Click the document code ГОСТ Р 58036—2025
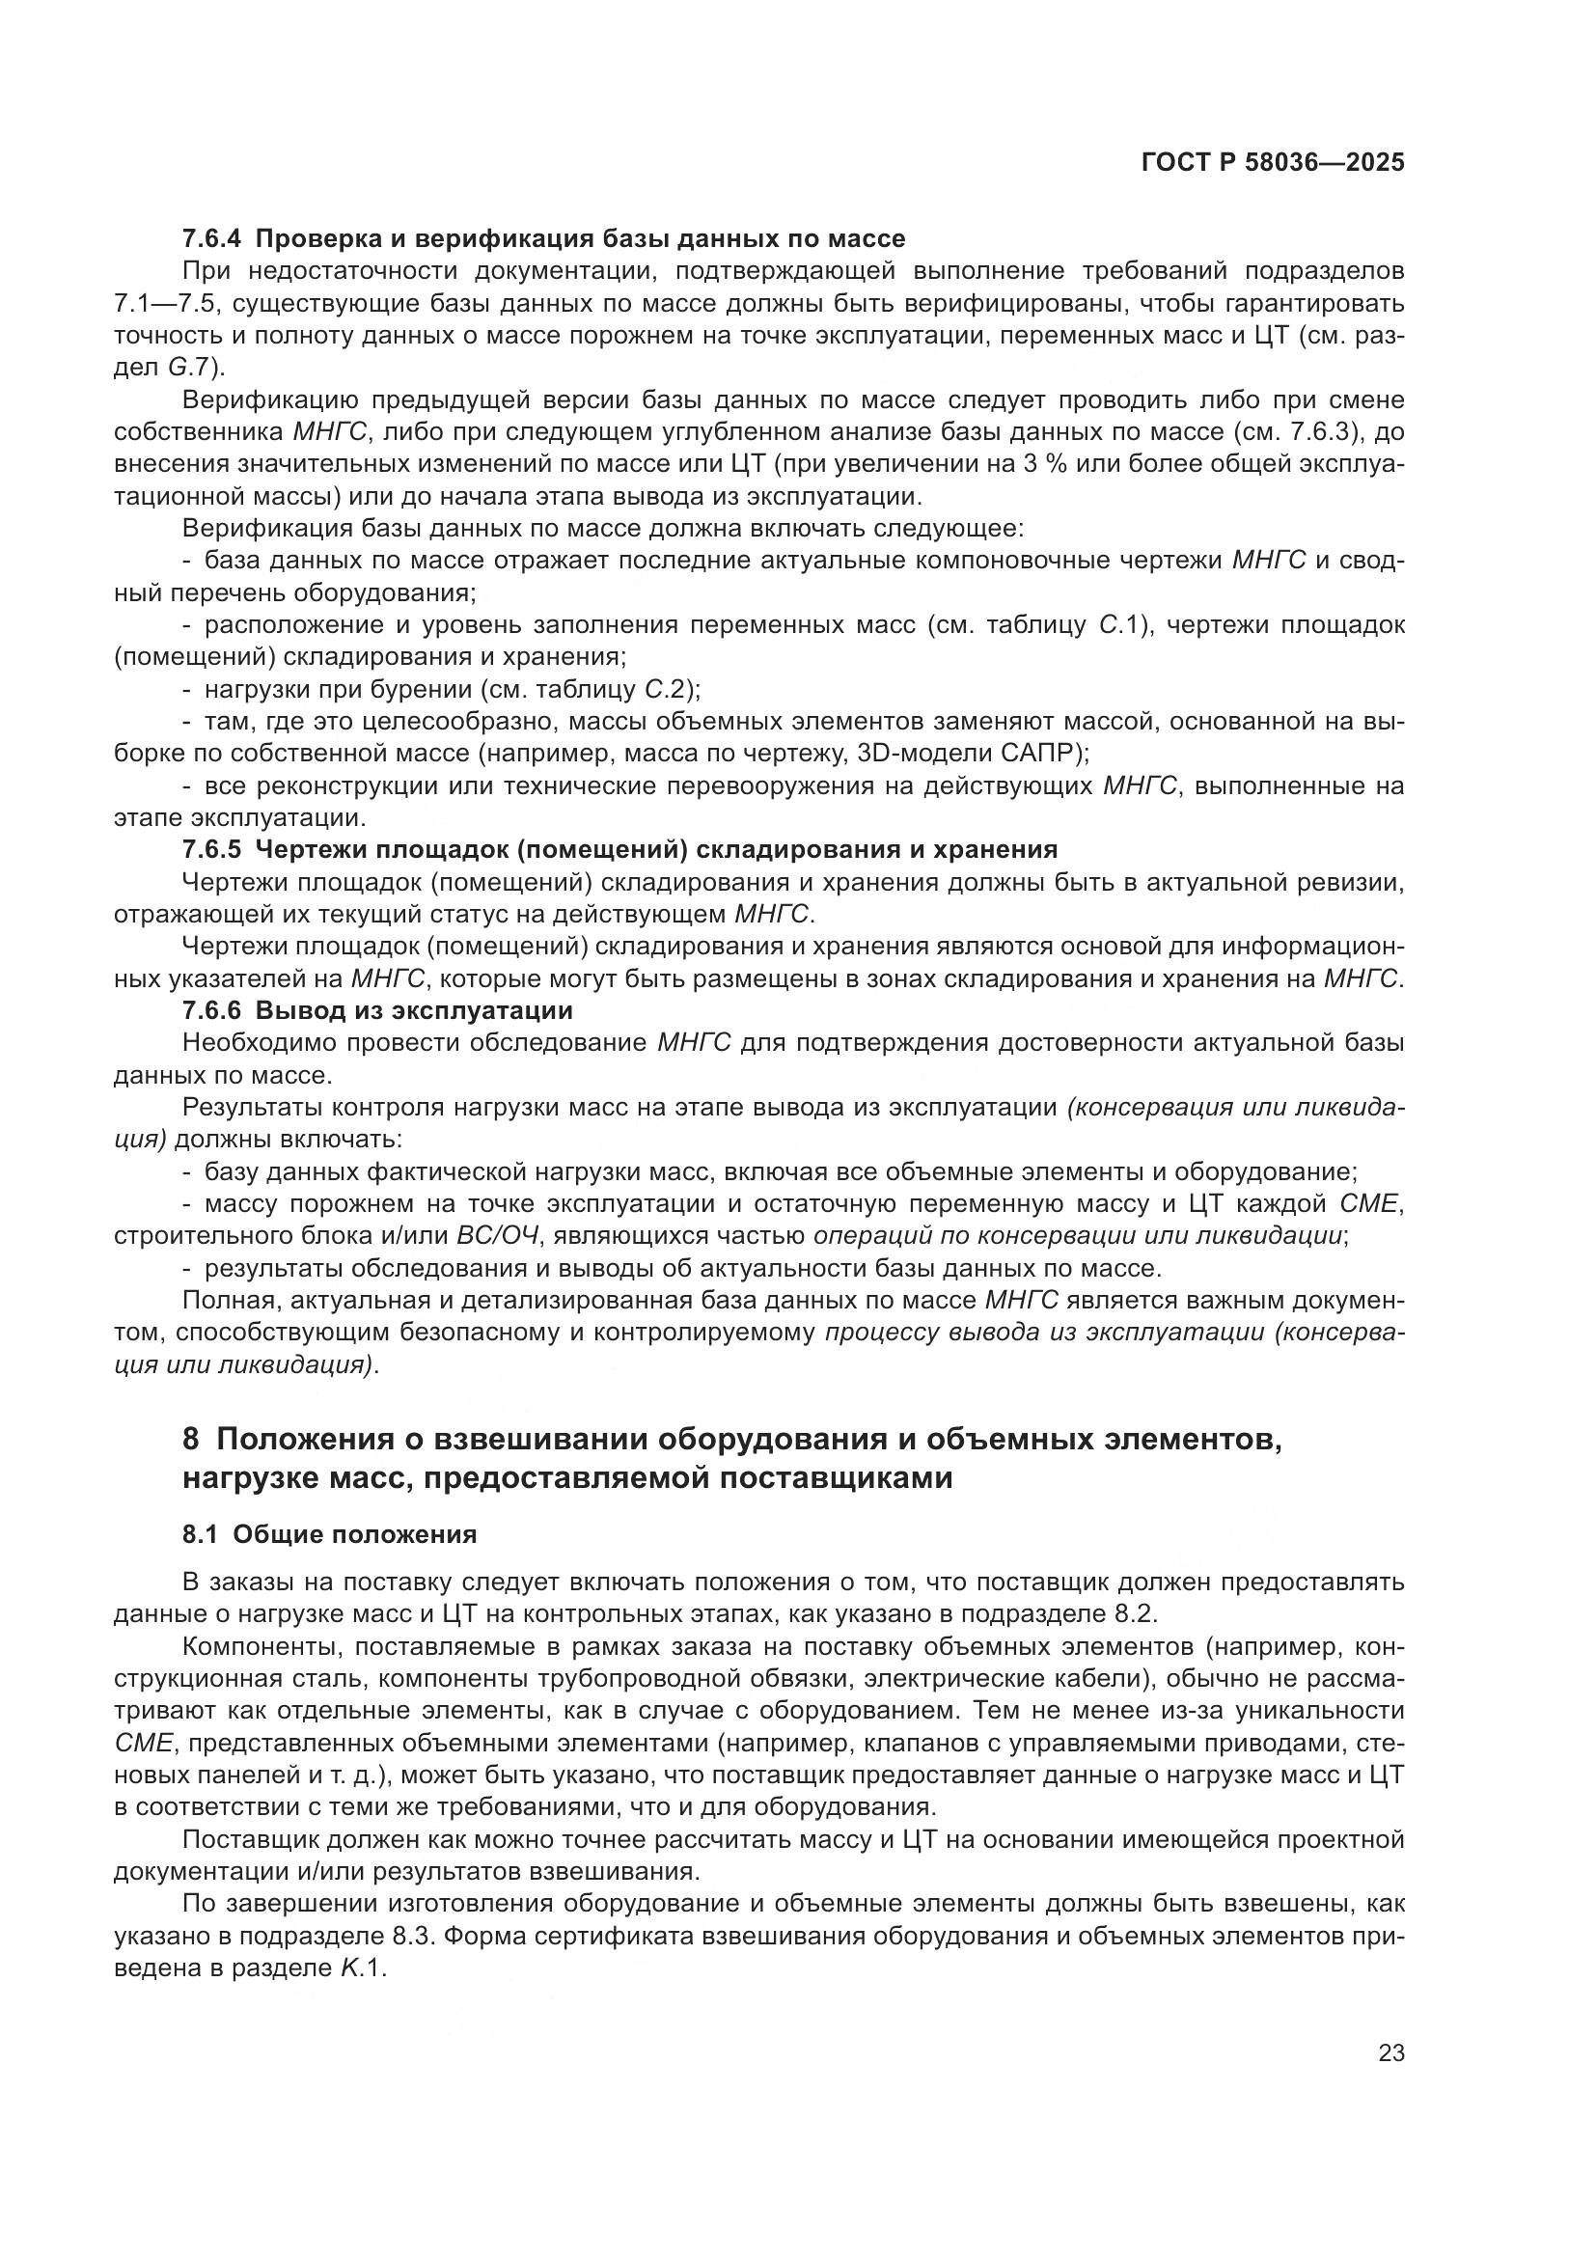click(x=1273, y=163)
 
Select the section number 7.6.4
click(x=212, y=238)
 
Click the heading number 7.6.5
click(x=212, y=849)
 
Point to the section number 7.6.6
click(x=212, y=1009)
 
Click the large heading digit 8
click(x=192, y=1440)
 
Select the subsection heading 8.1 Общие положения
click(x=329, y=1534)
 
